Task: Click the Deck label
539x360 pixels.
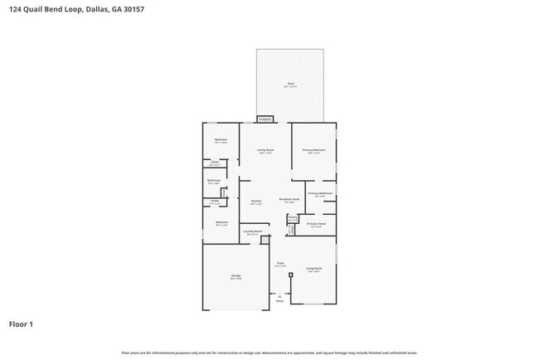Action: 292,83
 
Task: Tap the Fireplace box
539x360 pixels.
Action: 265,119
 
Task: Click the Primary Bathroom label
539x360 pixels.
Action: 320,194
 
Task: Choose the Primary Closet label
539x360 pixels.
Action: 316,224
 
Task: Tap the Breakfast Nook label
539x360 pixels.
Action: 289,200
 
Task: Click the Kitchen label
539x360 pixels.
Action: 256,202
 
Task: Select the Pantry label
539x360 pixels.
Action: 292,218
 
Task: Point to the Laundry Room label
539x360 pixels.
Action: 253,232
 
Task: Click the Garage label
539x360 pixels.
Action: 236,276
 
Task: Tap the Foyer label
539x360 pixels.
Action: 280,264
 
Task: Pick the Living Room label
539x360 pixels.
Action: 313,269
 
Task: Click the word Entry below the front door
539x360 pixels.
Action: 279,301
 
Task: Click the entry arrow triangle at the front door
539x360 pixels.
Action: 279,295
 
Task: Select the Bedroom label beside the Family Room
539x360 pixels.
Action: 221,140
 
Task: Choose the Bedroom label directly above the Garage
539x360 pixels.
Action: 221,223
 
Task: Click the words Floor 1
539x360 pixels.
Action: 22,324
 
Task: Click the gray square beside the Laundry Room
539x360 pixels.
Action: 265,240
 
